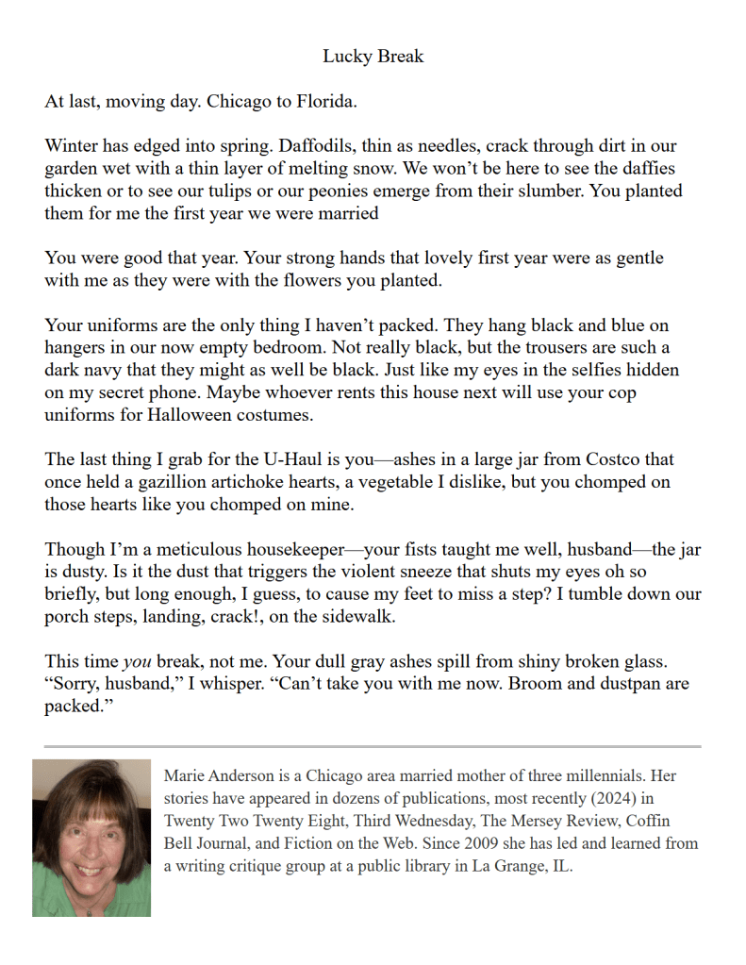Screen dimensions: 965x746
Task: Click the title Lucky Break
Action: (x=373, y=57)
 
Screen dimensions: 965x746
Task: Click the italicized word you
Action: (x=138, y=662)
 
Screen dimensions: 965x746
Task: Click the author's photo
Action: (x=91, y=838)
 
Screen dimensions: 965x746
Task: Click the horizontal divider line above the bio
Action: (x=373, y=746)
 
